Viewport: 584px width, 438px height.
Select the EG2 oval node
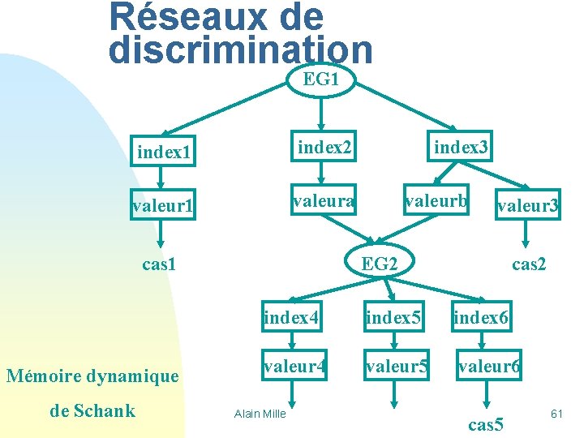click(x=379, y=264)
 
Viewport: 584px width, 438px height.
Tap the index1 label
click(x=164, y=152)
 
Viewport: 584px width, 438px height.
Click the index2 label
click(x=324, y=147)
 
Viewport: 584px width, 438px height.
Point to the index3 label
click(x=461, y=147)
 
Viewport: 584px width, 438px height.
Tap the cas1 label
click(x=160, y=264)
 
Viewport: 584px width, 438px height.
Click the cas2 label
click(x=529, y=264)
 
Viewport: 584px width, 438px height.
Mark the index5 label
click(x=393, y=317)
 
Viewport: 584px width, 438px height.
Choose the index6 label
click(x=482, y=317)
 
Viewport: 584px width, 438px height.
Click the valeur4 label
click(x=294, y=367)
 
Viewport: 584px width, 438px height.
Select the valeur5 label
click(x=396, y=367)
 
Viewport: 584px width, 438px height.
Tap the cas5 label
click(x=487, y=423)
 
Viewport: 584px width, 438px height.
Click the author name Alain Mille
click(x=260, y=414)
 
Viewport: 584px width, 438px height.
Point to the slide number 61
click(x=556, y=414)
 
